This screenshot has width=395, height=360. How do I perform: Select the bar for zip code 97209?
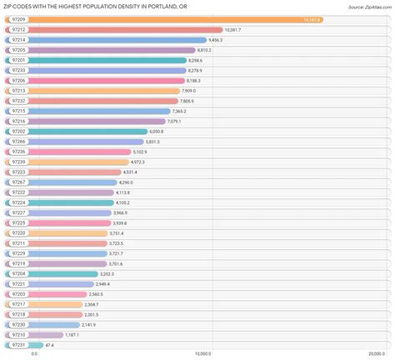tap(167, 19)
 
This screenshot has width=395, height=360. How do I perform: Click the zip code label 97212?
tap(19, 29)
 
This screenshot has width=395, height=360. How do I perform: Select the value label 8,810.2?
tap(201, 50)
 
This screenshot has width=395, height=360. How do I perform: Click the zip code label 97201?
tap(19, 60)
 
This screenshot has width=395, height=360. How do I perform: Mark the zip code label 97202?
tap(19, 131)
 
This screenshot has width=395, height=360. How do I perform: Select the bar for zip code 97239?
tap(67, 162)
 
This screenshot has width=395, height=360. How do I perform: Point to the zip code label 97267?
tap(19, 182)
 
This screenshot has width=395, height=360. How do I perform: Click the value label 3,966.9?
tap(125, 212)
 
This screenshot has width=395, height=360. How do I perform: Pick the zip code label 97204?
tap(19, 273)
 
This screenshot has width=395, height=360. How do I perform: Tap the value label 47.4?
tap(50, 344)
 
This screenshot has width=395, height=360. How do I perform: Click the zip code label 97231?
tap(19, 344)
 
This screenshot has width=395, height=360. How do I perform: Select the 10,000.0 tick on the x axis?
tap(200, 354)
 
